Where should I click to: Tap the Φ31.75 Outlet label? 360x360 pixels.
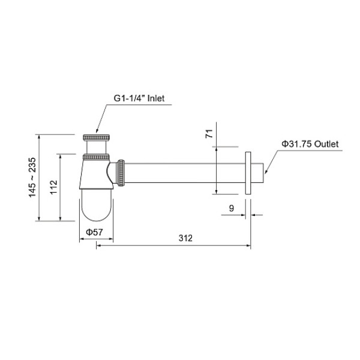pos(310,144)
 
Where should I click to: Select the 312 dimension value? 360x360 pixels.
pos(185,238)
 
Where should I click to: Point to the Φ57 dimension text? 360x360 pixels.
pos(92,232)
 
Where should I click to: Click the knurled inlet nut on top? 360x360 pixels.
pos(97,136)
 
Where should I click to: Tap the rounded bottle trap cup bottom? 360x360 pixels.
pos(97,206)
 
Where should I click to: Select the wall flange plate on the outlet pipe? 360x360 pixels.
pos(248,173)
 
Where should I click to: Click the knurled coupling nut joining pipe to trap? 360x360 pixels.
pos(122,172)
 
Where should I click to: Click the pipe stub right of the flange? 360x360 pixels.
pos(259,173)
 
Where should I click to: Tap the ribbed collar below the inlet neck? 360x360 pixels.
pos(96,157)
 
